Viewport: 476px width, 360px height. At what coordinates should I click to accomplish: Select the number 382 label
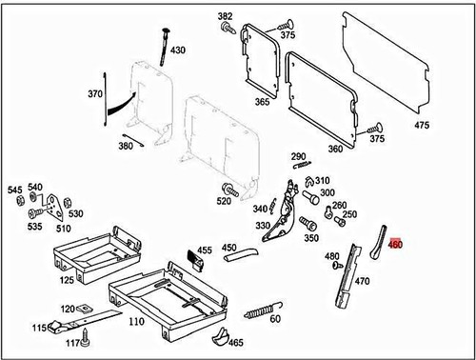225,17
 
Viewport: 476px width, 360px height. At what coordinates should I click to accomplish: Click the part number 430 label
178,50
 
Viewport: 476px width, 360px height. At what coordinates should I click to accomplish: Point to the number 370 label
94,94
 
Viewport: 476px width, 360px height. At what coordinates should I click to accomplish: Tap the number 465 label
235,343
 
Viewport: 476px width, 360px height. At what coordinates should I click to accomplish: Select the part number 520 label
224,202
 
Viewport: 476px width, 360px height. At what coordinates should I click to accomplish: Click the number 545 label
14,190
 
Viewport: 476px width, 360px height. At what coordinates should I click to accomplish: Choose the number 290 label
297,156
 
